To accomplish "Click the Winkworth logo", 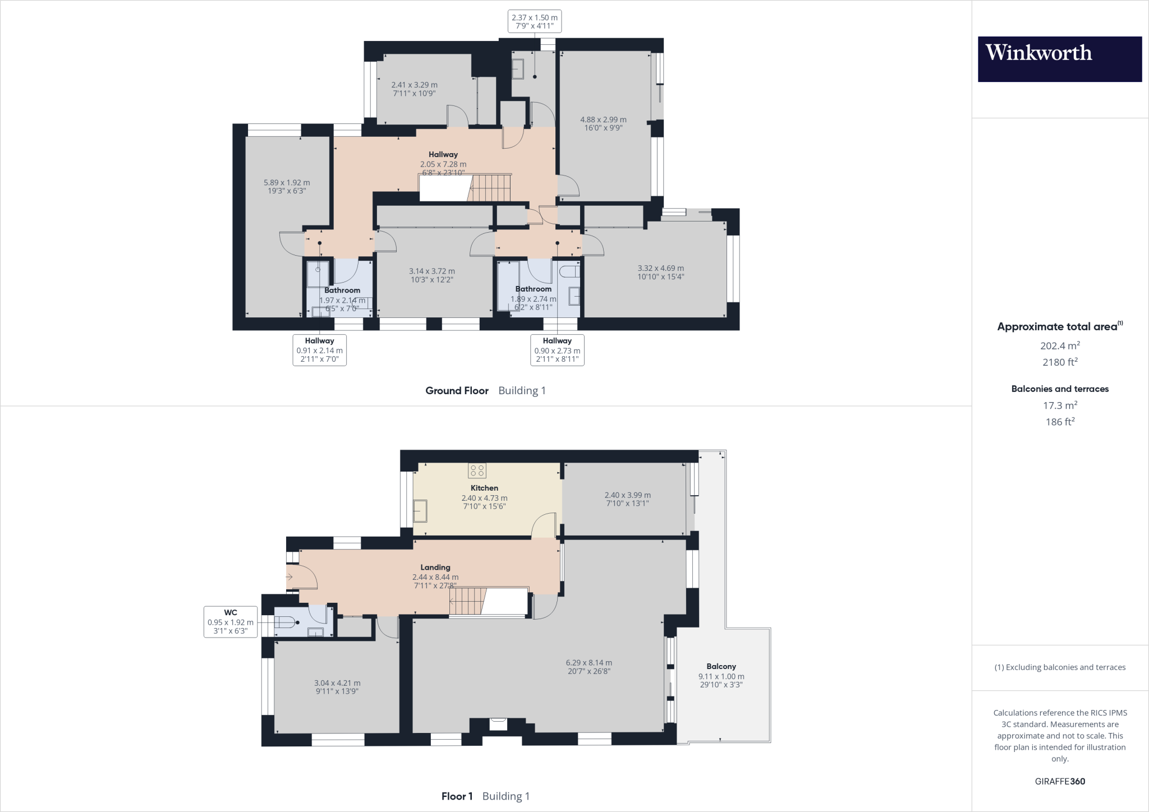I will click(1059, 59).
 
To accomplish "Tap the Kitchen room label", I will click(484, 488).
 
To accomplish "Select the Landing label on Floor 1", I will click(435, 567).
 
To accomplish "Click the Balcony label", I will click(721, 666).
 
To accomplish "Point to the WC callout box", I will click(231, 621).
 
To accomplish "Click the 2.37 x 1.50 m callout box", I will click(534, 21).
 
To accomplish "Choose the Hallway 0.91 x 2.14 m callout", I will click(319, 350).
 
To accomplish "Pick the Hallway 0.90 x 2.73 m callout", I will click(557, 350).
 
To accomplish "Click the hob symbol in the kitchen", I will click(477, 470).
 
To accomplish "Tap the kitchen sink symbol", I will click(420, 511).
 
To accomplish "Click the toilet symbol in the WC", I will click(286, 622).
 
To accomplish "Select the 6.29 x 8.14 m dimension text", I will click(589, 662).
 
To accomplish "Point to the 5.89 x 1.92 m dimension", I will click(287, 182).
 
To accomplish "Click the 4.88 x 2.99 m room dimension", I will click(603, 119).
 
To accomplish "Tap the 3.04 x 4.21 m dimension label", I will click(337, 683).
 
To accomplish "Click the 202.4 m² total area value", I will click(1060, 345).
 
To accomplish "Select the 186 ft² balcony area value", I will click(1060, 422).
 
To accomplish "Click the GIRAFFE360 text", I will click(1060, 781).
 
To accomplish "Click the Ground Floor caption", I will click(457, 390).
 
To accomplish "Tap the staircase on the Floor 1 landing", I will click(467, 602).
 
